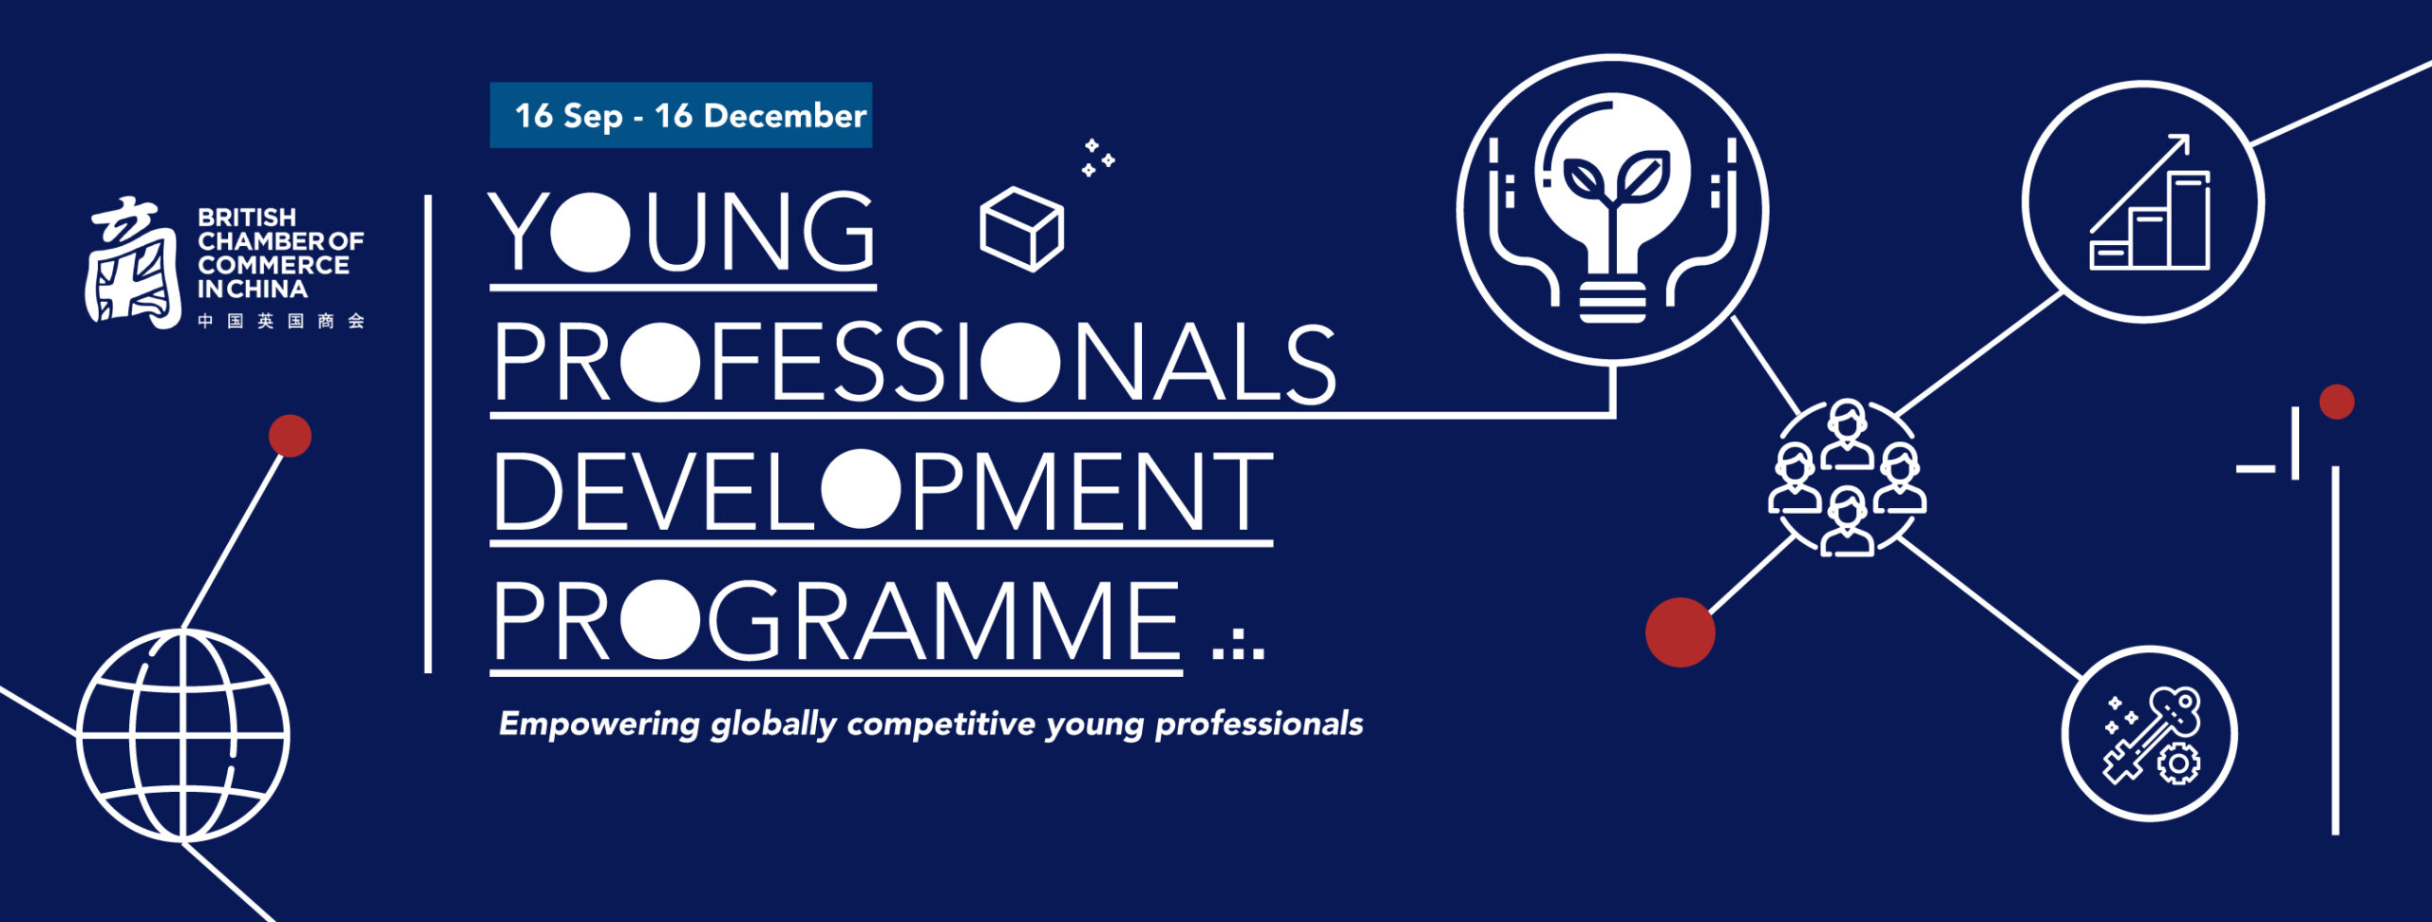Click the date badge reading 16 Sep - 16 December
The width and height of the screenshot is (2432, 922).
(x=680, y=115)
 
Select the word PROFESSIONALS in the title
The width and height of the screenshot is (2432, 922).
(x=914, y=363)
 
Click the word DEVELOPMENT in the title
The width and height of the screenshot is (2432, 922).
(x=882, y=491)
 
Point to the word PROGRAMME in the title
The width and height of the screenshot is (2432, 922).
(x=836, y=621)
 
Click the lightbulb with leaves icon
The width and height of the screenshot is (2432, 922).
(x=1612, y=210)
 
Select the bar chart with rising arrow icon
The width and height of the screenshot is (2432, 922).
(x=2143, y=202)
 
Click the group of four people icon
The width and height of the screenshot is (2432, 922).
(x=1847, y=478)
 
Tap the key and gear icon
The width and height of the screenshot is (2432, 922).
(x=2150, y=734)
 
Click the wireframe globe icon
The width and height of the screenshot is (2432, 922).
(x=183, y=736)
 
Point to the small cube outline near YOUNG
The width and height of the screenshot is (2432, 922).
(x=1021, y=229)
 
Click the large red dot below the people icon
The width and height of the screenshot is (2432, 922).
(x=1680, y=632)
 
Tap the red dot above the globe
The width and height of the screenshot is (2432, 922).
(x=290, y=436)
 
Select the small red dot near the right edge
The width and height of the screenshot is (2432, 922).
(x=2336, y=402)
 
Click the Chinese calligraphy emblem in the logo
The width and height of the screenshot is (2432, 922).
(x=133, y=263)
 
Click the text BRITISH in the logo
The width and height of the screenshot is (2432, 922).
(x=247, y=217)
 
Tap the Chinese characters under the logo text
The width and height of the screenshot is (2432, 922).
(x=281, y=321)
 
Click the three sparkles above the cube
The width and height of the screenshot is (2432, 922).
(x=1097, y=159)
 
